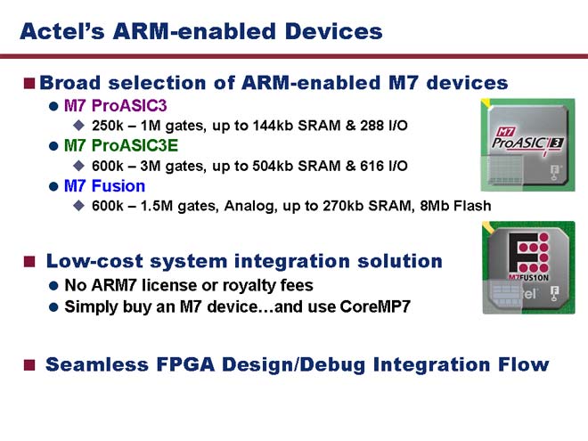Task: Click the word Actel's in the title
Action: tap(62, 31)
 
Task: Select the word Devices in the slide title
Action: tap(334, 31)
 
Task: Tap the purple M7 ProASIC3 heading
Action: tap(116, 106)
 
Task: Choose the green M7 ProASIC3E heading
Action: tap(121, 146)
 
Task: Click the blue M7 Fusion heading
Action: tap(104, 186)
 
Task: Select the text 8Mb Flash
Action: tap(455, 206)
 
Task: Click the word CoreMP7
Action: tap(375, 306)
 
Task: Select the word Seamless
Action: tap(97, 364)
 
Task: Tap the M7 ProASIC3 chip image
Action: tap(527, 144)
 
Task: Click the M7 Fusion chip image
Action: tap(528, 267)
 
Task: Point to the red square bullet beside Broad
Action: tap(29, 83)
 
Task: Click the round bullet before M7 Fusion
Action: tap(53, 186)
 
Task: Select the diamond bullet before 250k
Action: tap(78, 126)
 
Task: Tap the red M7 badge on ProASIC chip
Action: tap(505, 132)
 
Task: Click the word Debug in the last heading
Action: tap(332, 365)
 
